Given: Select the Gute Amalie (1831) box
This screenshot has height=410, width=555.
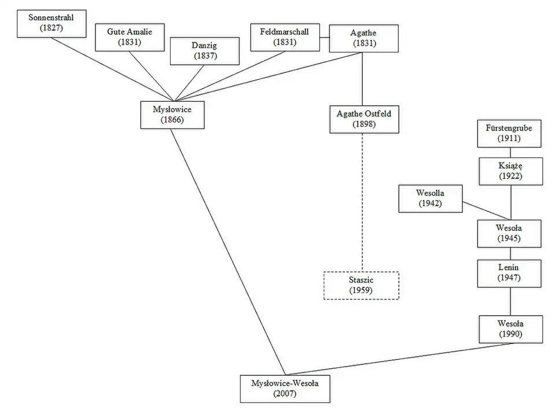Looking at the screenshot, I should pyautogui.click(x=129, y=37).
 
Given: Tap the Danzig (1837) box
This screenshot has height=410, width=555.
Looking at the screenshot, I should pyautogui.click(x=204, y=50).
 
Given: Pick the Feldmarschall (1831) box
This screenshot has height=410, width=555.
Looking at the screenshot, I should pyautogui.click(x=285, y=37).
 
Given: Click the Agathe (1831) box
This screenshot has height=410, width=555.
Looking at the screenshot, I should pyautogui.click(x=363, y=38).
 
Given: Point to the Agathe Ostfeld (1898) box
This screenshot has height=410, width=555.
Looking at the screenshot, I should pyautogui.click(x=364, y=119).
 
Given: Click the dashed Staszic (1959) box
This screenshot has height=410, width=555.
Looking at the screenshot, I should pyautogui.click(x=361, y=285).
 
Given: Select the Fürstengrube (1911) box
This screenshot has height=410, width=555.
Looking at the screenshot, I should pyautogui.click(x=510, y=133).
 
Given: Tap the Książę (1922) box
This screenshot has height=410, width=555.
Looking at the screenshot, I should pyautogui.click(x=510, y=171).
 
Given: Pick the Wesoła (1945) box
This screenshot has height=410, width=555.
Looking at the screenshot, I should pyautogui.click(x=510, y=233).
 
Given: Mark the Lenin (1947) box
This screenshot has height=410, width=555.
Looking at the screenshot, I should pyautogui.click(x=510, y=273).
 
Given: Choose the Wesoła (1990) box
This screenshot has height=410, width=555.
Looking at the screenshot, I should pyautogui.click(x=511, y=329).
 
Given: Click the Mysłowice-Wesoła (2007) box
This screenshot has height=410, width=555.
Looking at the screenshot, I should pyautogui.click(x=285, y=388).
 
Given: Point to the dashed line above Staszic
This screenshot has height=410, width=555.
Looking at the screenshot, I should pyautogui.click(x=362, y=202).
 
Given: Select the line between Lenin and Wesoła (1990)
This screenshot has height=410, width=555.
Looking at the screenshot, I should pyautogui.click(x=510, y=301).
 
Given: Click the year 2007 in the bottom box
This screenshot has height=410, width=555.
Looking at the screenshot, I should pyautogui.click(x=285, y=394).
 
